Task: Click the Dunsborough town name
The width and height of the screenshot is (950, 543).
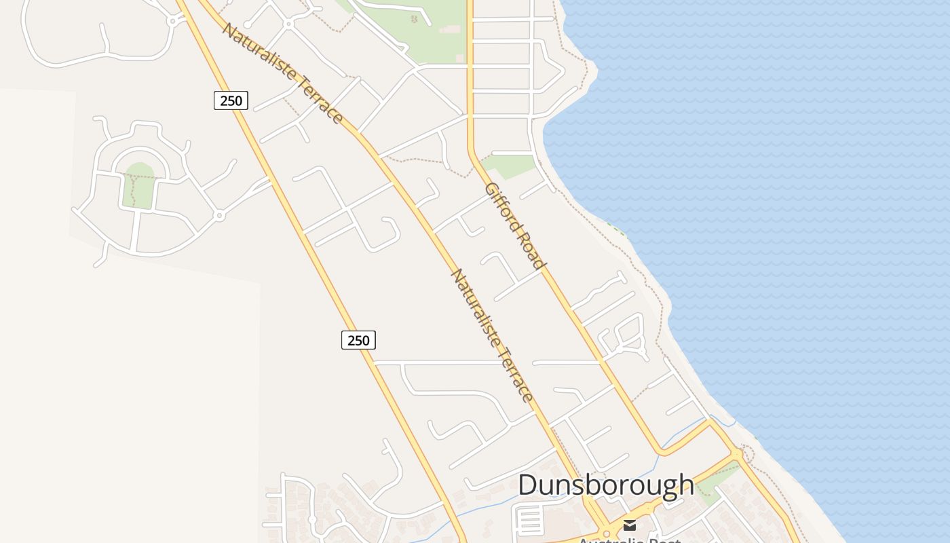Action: pyautogui.click(x=606, y=485)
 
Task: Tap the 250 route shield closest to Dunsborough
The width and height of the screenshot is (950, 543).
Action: pyautogui.click(x=358, y=340)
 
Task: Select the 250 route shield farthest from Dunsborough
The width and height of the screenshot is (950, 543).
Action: pyautogui.click(x=231, y=100)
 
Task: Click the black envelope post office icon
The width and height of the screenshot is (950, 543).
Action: pyautogui.click(x=630, y=525)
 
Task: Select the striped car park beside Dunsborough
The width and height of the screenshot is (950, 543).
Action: pyautogui.click(x=530, y=519)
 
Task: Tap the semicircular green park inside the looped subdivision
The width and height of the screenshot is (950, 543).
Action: pyautogui.click(x=139, y=184)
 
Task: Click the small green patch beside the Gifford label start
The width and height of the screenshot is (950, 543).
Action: pyautogui.click(x=510, y=165)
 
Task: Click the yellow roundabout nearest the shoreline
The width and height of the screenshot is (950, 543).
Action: pyautogui.click(x=738, y=453)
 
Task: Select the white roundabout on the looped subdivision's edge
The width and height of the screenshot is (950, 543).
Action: pyautogui.click(x=218, y=215)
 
